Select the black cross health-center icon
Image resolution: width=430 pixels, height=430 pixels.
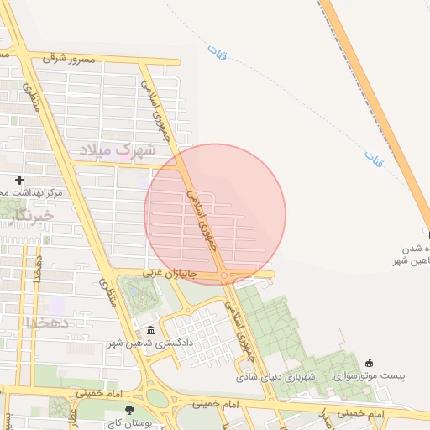click(20, 180)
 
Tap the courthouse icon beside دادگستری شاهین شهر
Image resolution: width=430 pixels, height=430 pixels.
click(150, 330)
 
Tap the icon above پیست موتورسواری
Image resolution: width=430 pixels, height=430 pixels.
click(370, 363)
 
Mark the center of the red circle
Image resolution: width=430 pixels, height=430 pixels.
click(215, 214)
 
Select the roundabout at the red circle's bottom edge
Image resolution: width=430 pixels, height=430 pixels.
click(223, 275)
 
